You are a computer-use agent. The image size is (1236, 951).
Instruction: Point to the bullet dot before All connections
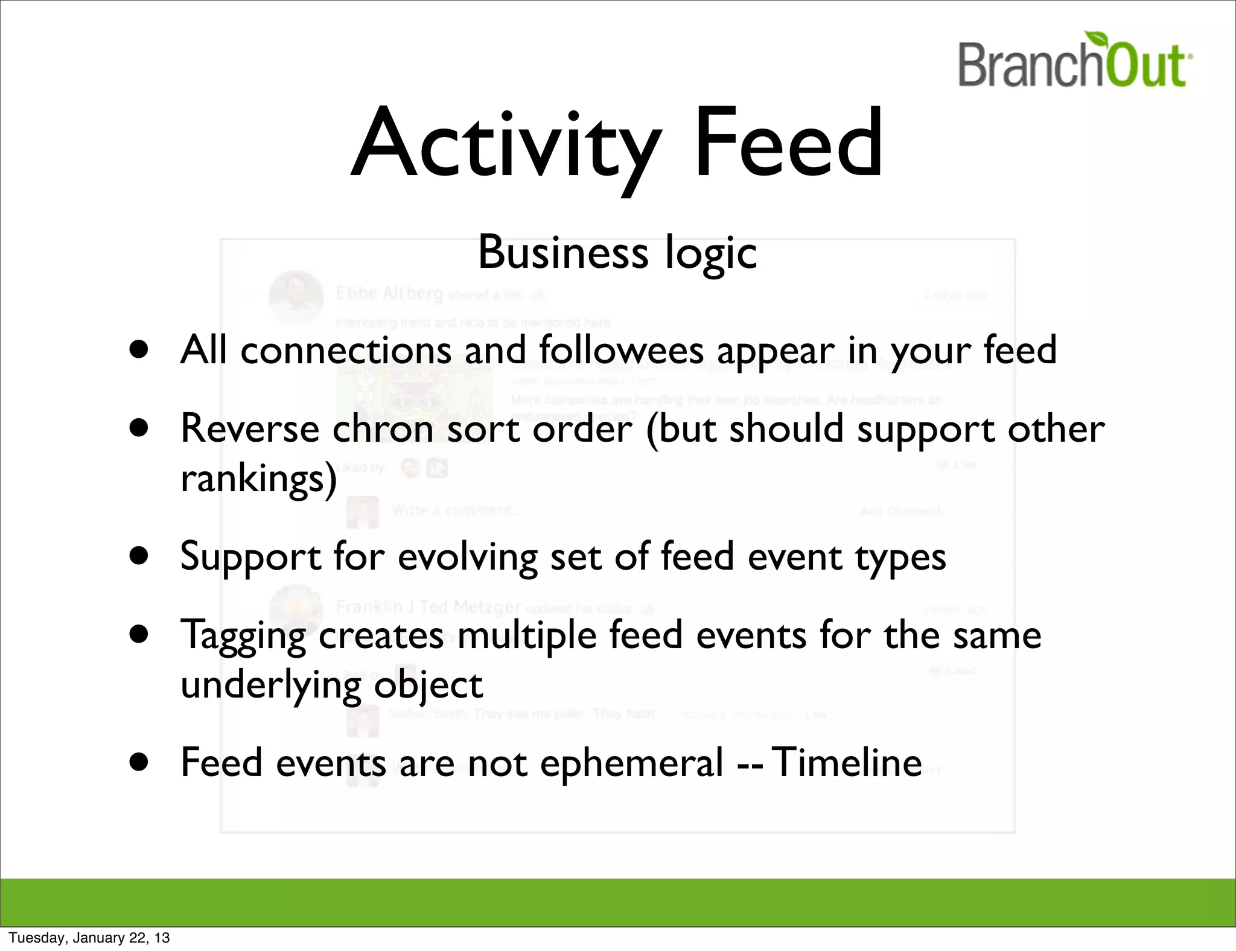pos(139,349)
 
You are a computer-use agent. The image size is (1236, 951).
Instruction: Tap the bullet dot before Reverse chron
pos(139,428)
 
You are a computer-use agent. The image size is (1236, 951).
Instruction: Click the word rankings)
pos(258,480)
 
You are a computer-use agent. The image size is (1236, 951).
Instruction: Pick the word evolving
pos(467,556)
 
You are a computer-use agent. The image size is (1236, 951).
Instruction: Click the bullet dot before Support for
pos(139,556)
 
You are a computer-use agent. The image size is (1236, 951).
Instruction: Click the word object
pos(428,685)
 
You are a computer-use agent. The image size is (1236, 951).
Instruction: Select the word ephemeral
pos(631,763)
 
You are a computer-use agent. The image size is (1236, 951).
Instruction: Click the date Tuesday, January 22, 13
pos(89,938)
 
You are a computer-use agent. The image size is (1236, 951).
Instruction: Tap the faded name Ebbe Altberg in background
pos(389,294)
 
